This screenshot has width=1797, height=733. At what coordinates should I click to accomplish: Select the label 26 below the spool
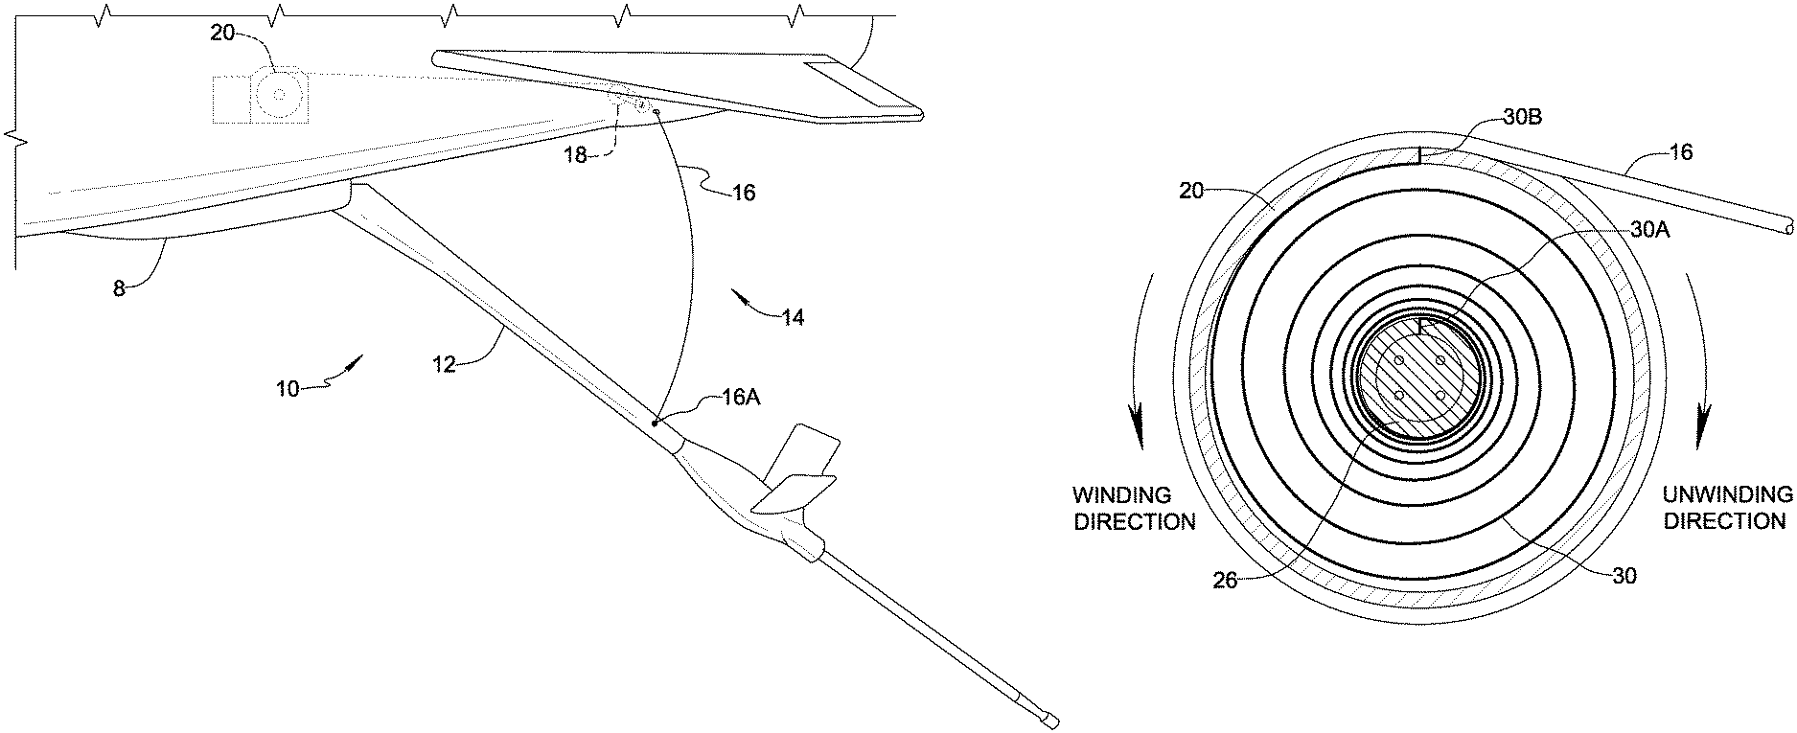[1226, 581]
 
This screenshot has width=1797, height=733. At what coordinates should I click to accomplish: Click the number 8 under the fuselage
[119, 288]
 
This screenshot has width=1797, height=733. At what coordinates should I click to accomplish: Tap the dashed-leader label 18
[576, 156]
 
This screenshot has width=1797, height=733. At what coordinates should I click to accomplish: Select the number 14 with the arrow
[792, 317]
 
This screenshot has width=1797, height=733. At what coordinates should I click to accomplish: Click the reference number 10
[288, 388]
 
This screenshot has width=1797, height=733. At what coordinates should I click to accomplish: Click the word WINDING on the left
[1121, 495]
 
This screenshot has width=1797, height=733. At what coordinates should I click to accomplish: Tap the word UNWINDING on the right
[1727, 495]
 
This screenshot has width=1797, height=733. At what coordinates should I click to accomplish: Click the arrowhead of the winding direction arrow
[1138, 437]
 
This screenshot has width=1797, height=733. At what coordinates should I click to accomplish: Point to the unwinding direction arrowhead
[1704, 437]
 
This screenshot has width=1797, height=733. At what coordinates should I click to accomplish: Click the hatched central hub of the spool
[1419, 376]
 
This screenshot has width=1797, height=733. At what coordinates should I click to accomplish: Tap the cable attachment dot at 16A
[655, 423]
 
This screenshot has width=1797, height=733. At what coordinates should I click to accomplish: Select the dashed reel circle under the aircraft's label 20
[279, 92]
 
